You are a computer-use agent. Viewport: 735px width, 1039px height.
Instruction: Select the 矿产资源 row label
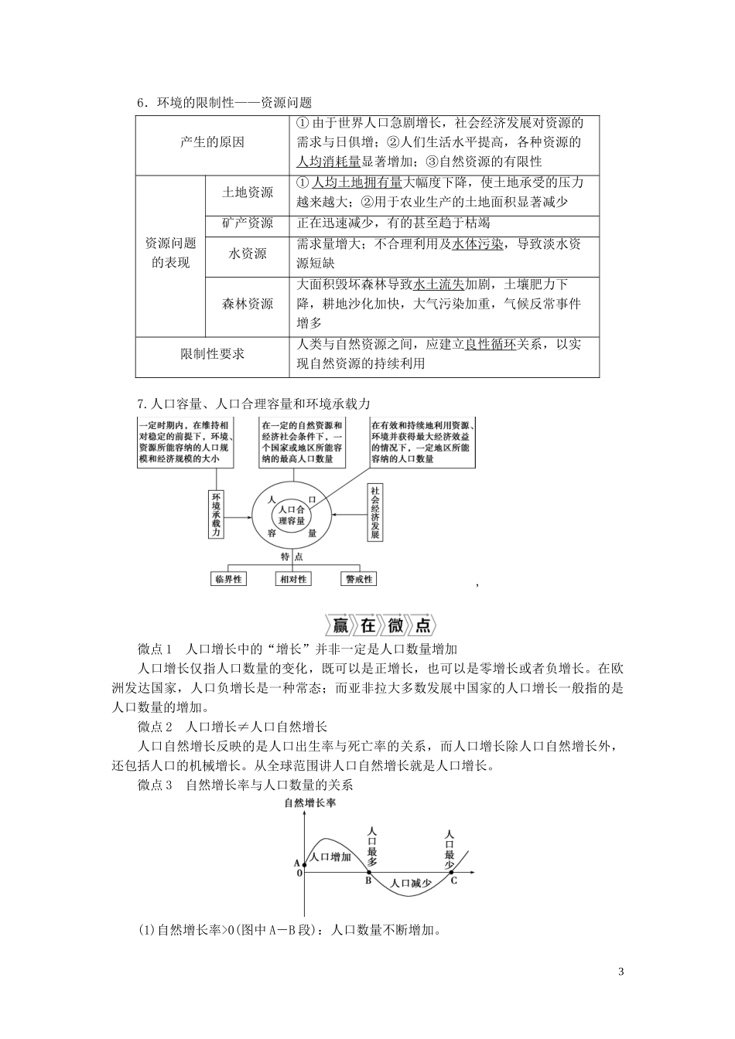click(247, 223)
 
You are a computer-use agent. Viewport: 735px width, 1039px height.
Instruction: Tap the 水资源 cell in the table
click(247, 254)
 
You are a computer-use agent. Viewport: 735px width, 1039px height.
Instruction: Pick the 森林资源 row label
click(247, 304)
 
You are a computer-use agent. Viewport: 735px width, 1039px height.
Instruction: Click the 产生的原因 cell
click(212, 142)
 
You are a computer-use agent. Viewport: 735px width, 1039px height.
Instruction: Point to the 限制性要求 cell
click(212, 353)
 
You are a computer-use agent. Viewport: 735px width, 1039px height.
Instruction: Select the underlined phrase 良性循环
click(490, 345)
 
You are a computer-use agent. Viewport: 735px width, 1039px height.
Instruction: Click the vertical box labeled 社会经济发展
click(374, 513)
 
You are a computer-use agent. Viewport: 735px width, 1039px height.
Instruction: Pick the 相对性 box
click(292, 579)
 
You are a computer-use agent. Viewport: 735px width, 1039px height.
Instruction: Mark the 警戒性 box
click(358, 579)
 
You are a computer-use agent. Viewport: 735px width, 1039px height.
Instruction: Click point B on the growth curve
click(368, 880)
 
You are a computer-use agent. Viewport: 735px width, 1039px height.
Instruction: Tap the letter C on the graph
click(453, 880)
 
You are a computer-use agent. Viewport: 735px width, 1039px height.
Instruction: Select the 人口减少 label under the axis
click(412, 883)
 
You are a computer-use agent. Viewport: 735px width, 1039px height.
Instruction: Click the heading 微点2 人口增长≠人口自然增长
click(232, 727)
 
